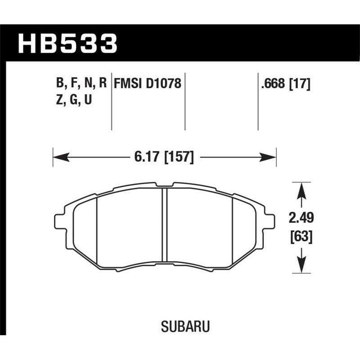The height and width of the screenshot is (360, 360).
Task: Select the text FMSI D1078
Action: (148, 83)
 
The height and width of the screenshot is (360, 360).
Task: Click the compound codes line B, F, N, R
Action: (81, 83)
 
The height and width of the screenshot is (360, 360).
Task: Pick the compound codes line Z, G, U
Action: (74, 101)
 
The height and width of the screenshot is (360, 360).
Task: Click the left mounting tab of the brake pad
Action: (60, 220)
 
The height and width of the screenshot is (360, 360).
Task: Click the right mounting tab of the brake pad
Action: (269, 220)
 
